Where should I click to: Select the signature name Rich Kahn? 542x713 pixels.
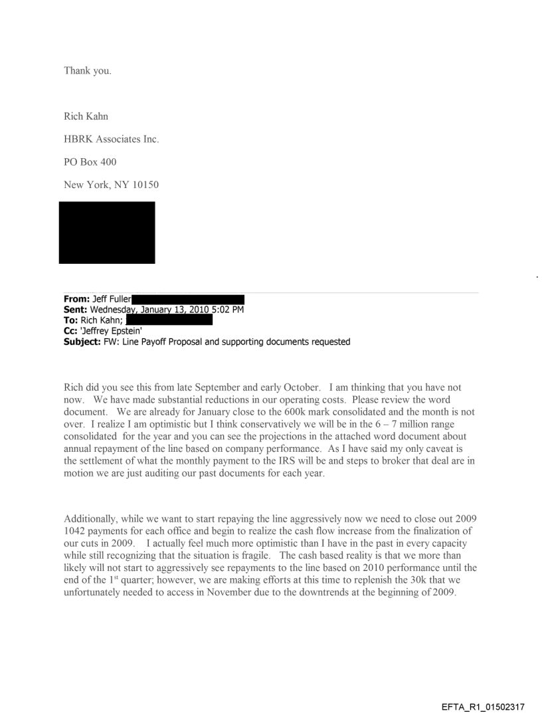pyautogui.click(x=86, y=117)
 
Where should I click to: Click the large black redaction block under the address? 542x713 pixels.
pyautogui.click(x=107, y=233)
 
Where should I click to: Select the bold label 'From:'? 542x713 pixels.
pyautogui.click(x=77, y=300)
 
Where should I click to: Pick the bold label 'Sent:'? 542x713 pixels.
pyautogui.click(x=76, y=310)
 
